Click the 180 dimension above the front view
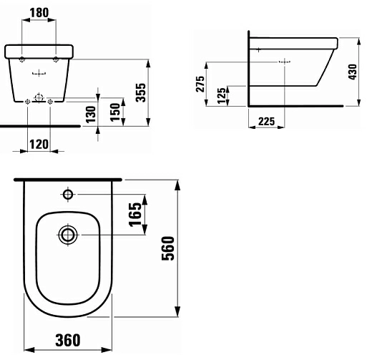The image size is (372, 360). (x=39, y=12)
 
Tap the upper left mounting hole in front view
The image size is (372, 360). (x=24, y=57)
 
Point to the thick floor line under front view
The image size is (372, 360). (x=36, y=125)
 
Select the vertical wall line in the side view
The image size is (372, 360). (x=248, y=68)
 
